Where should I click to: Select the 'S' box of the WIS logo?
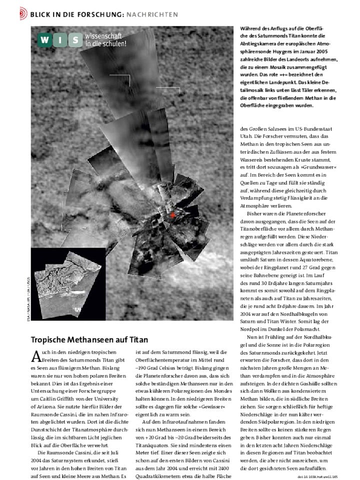[74, 40]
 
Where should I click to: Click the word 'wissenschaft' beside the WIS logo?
[103, 36]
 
